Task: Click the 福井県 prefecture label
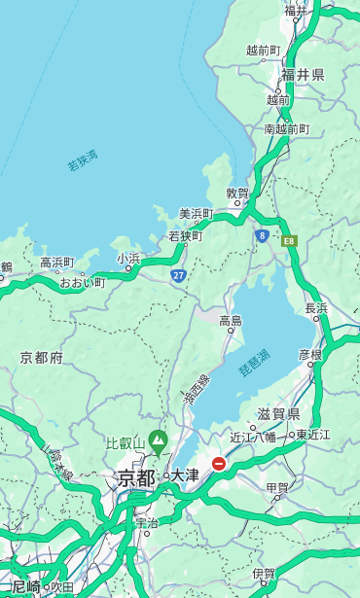[x=303, y=75]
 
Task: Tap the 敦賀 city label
[x=237, y=193]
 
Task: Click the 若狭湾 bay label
[x=83, y=159]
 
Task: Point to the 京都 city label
[x=136, y=477]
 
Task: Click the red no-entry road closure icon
[x=219, y=465]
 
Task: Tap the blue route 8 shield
[x=262, y=235]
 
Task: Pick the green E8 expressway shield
[x=289, y=240]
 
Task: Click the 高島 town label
[x=231, y=321]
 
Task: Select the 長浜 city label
[x=316, y=308]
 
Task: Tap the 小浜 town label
[x=128, y=258]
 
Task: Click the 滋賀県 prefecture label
[x=277, y=415]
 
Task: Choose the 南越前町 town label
[x=286, y=128]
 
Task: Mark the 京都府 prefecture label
[x=42, y=358]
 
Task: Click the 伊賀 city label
[x=263, y=574]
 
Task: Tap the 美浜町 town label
[x=196, y=214]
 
